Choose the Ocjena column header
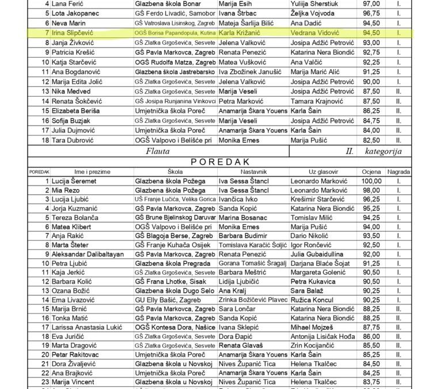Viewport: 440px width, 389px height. pos(371,172)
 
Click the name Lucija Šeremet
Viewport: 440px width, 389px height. pos(74,181)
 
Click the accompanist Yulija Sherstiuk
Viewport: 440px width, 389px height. pos(316,3)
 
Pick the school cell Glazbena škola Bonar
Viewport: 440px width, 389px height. pos(165,3)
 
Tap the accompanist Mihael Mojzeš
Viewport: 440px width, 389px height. pos(312,327)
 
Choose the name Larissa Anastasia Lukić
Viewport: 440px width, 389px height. pos(88,327)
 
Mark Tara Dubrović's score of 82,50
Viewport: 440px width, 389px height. pos(371,140)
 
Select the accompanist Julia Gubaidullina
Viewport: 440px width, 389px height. pos(317,254)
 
